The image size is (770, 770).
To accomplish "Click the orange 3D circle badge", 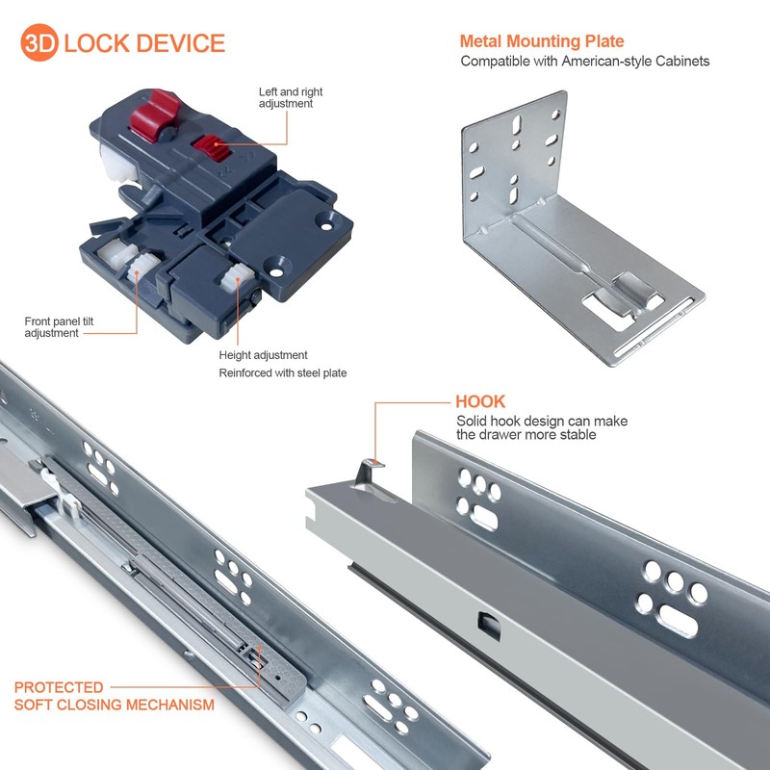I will click(x=40, y=43).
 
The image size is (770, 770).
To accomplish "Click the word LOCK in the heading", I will click(x=99, y=43).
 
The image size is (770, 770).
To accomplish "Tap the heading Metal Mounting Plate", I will click(x=542, y=41).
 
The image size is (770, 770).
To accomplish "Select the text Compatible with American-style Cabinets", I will click(x=584, y=62).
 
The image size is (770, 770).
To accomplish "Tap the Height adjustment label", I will click(x=263, y=355).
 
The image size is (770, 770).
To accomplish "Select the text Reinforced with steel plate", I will click(x=282, y=373).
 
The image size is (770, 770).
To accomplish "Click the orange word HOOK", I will click(x=480, y=401).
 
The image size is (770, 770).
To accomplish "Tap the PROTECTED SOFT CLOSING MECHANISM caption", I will click(x=114, y=696).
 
